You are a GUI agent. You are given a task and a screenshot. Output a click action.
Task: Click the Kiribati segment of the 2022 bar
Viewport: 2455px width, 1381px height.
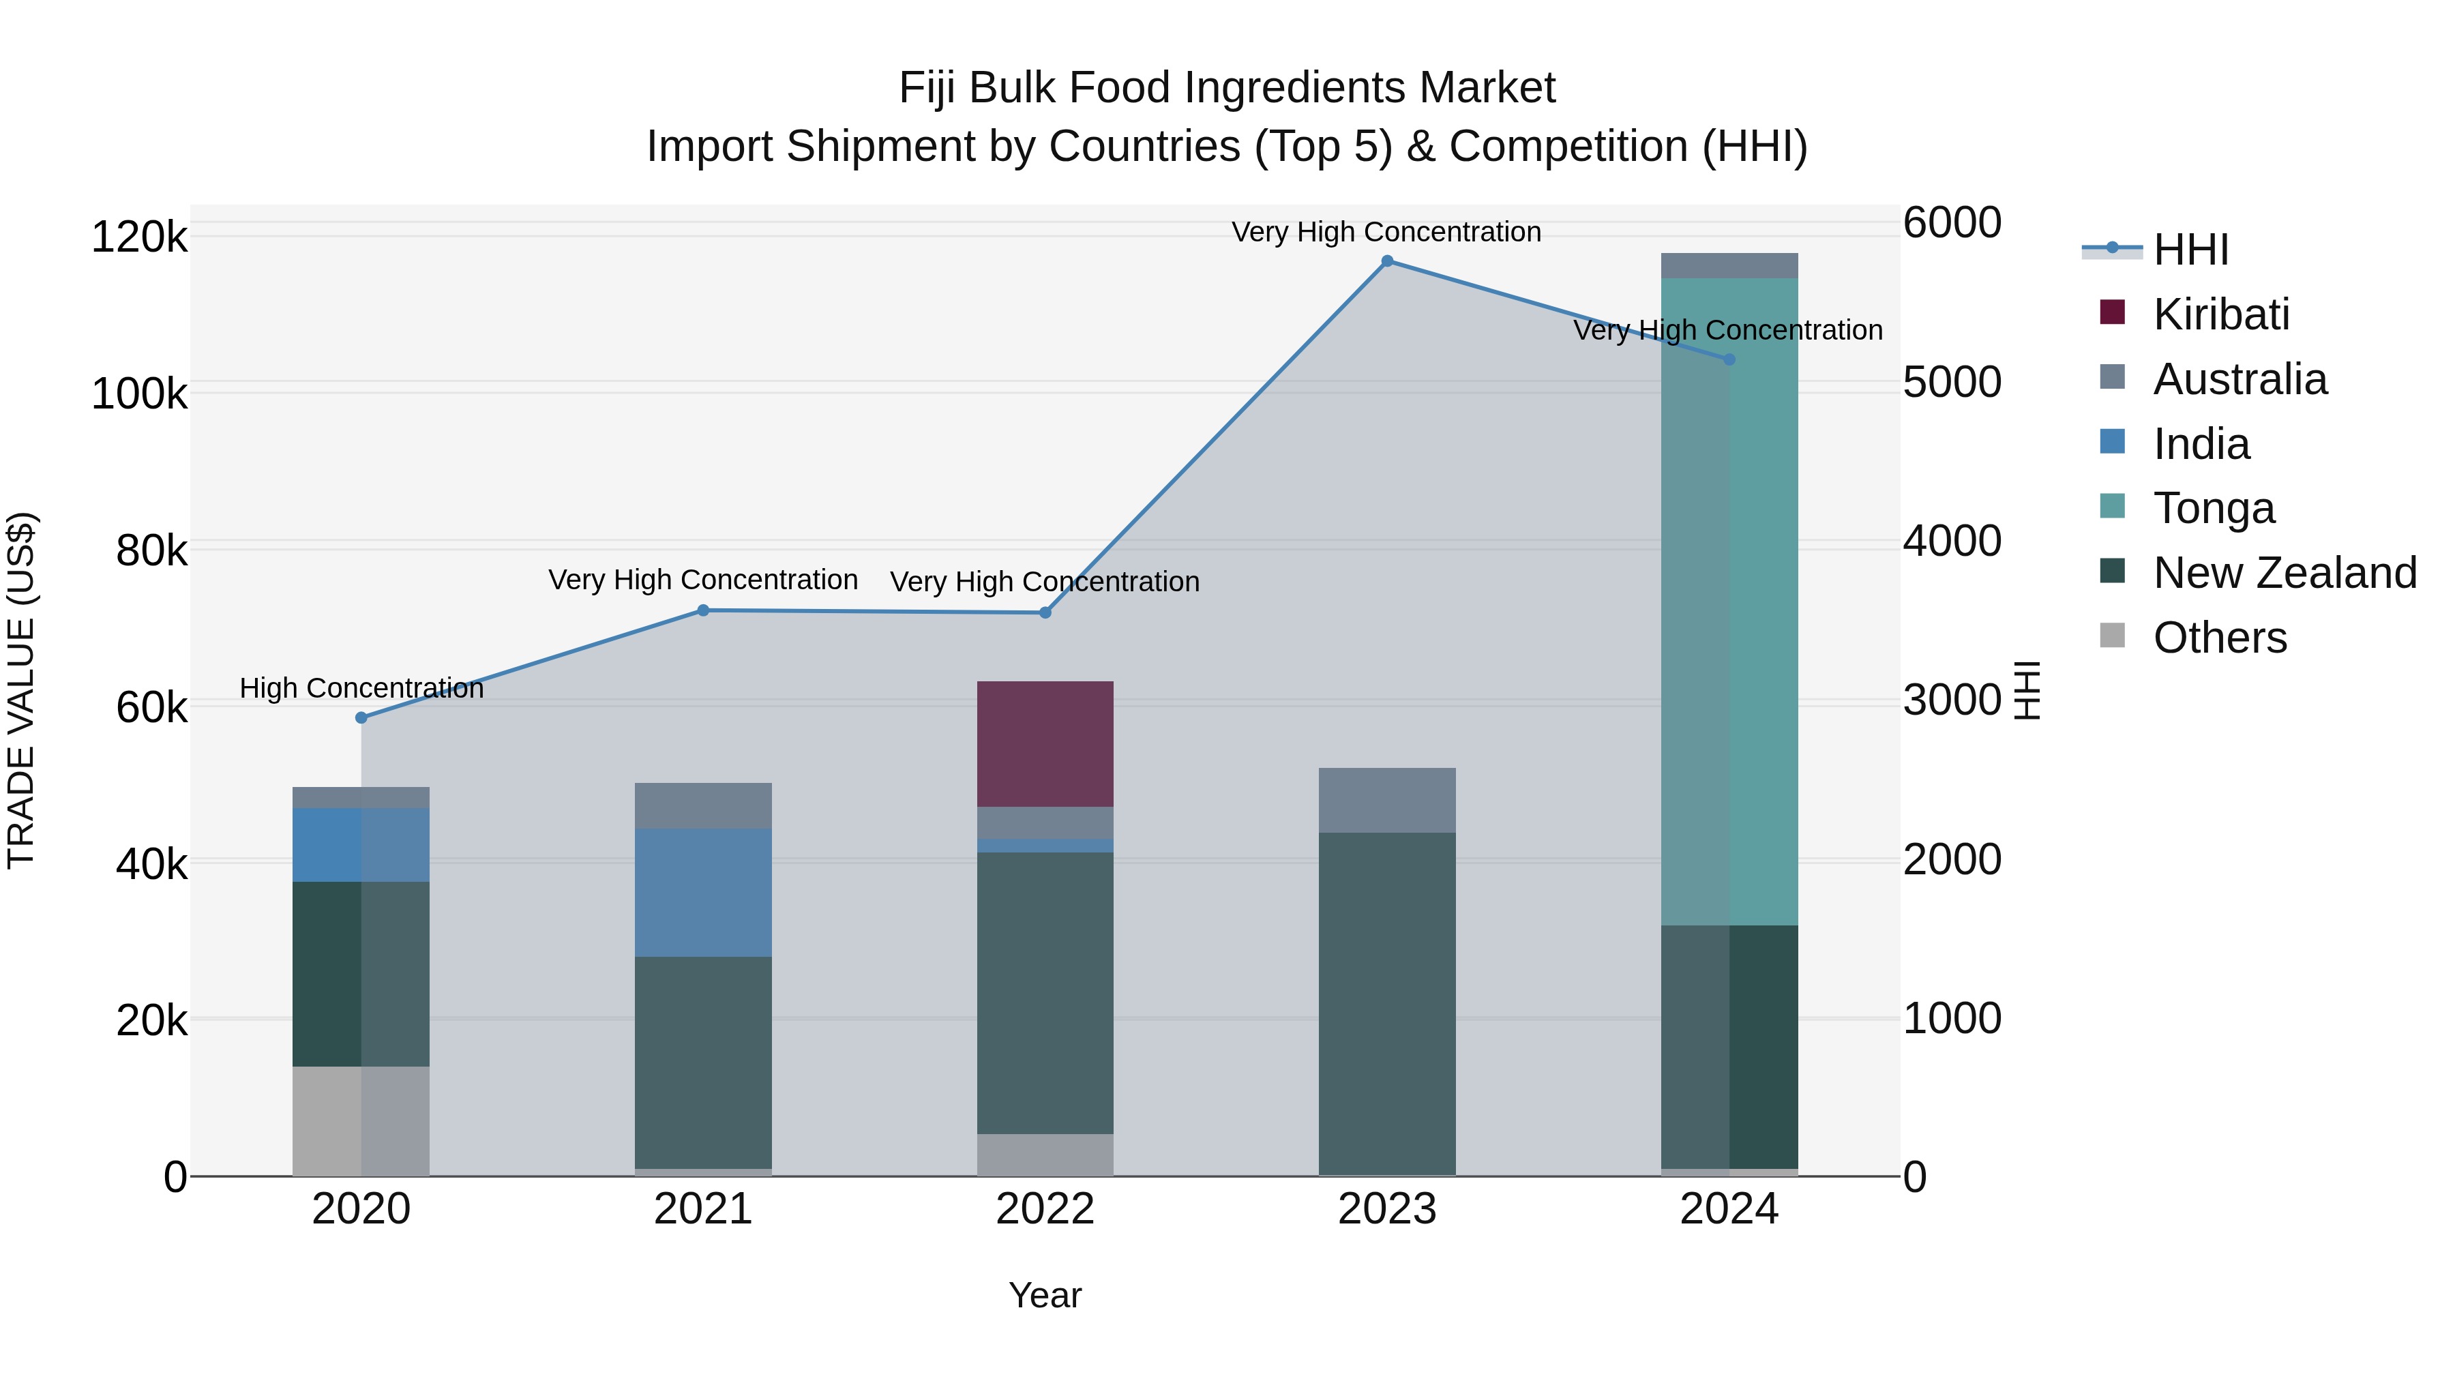pyautogui.click(x=1045, y=743)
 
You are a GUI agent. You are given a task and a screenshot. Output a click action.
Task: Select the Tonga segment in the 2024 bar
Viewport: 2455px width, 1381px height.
pyautogui.click(x=1729, y=600)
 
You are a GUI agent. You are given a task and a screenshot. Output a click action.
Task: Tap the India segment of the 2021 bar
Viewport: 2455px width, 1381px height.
pyautogui.click(x=702, y=891)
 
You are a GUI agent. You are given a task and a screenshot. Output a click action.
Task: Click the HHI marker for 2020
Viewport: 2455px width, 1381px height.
pyautogui.click(x=361, y=717)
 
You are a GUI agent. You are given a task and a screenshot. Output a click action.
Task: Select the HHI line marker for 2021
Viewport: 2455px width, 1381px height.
pyautogui.click(x=702, y=610)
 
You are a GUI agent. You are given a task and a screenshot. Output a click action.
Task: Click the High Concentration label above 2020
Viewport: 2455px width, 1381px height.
pyautogui.click(x=361, y=688)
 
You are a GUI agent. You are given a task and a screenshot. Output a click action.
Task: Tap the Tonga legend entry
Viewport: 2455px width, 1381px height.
pyautogui.click(x=2213, y=508)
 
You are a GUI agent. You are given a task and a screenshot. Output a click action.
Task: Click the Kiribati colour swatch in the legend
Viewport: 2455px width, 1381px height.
pyautogui.click(x=2112, y=312)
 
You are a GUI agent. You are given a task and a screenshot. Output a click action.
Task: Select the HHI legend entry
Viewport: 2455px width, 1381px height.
pyautogui.click(x=2190, y=250)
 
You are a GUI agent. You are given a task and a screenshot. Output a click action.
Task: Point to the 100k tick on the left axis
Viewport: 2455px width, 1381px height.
pyautogui.click(x=139, y=393)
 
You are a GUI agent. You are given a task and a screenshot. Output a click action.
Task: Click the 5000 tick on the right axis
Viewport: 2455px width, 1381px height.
pyautogui.click(x=1952, y=382)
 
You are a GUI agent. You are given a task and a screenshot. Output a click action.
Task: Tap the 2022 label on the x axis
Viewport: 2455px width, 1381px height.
pyautogui.click(x=1045, y=1209)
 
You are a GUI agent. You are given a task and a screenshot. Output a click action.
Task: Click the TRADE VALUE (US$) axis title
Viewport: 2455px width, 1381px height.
pyautogui.click(x=21, y=690)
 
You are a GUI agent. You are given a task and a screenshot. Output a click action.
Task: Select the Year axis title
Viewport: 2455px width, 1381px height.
pyautogui.click(x=1045, y=1295)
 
